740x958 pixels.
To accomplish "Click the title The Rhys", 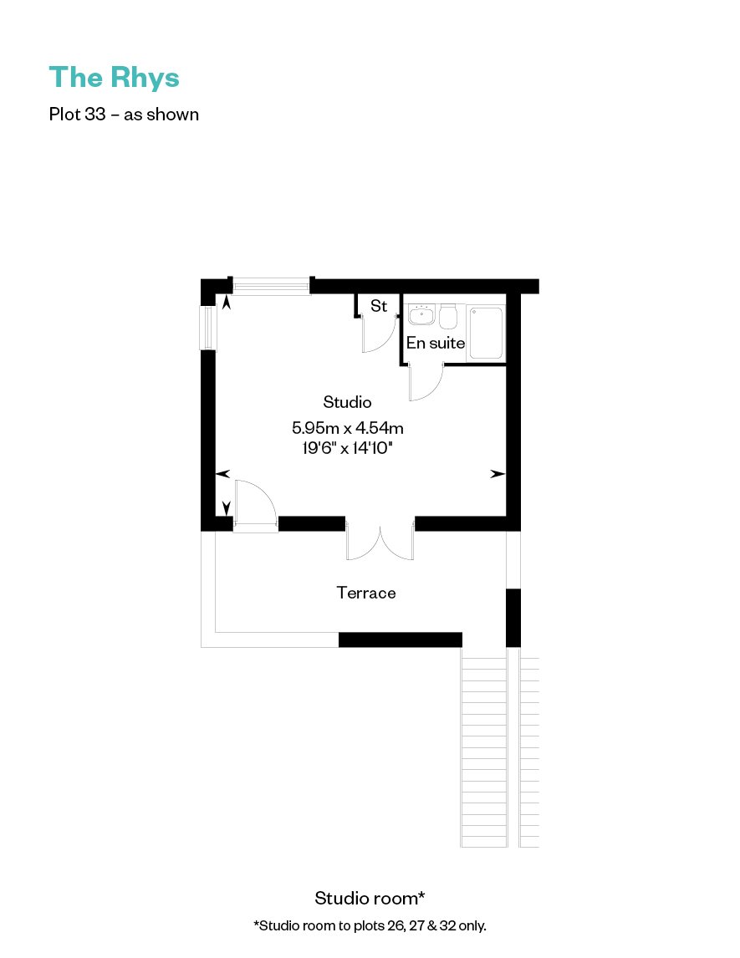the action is point(115,78).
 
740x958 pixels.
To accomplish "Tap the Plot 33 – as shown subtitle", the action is point(124,115).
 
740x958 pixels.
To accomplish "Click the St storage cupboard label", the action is point(379,305).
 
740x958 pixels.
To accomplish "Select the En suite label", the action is point(436,343).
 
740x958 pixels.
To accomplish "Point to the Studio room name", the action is point(347,402).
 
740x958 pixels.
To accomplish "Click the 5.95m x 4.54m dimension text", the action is point(348,428).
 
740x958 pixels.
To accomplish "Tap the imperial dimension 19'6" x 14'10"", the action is point(347,448).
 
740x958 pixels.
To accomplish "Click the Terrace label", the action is point(366,593).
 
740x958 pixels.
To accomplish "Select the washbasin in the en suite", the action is point(421,314).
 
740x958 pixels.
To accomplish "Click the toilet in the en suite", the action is point(448,316).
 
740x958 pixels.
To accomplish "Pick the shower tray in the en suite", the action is point(487,333).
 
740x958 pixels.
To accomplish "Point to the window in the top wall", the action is point(271,285).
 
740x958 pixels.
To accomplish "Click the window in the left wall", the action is point(208,328).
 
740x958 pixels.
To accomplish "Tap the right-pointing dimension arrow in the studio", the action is point(498,473).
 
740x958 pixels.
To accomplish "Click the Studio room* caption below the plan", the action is point(370,898).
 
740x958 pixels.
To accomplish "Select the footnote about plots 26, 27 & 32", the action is point(370,925).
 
